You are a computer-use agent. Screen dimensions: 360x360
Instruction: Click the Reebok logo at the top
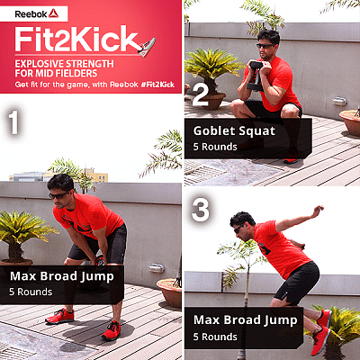click(x=36, y=13)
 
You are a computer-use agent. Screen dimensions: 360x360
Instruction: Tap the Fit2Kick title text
click(x=76, y=40)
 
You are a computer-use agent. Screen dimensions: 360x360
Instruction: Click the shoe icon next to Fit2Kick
click(x=147, y=47)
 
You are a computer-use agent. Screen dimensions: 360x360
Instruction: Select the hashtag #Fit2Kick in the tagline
click(x=157, y=85)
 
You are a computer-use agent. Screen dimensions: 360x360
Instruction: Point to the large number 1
click(x=13, y=122)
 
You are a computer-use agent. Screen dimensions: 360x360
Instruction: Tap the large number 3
click(x=201, y=210)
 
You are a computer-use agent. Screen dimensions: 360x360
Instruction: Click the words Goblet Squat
click(x=234, y=131)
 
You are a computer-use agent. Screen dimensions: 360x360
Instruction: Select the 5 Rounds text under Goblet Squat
click(x=215, y=147)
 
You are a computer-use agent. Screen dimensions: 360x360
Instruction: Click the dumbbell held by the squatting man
click(x=256, y=76)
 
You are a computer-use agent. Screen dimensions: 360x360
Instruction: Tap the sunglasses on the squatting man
click(x=265, y=46)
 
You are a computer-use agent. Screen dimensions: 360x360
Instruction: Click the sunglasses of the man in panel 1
click(x=58, y=195)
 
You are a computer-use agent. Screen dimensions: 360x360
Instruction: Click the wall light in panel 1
click(x=157, y=268)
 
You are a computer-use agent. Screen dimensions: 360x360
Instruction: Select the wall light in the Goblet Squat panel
click(x=339, y=102)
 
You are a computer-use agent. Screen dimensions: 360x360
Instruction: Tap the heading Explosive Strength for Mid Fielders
click(x=64, y=68)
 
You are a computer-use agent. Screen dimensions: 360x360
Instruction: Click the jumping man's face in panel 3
click(x=240, y=229)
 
